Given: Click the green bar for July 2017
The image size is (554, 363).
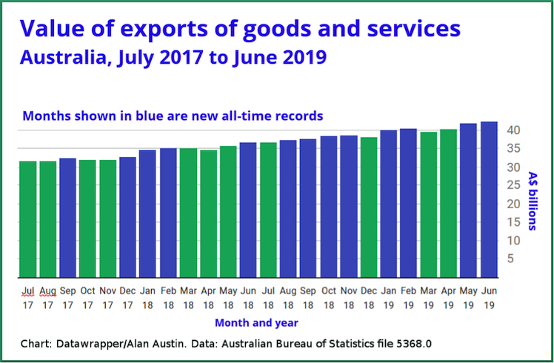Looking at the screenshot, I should [28, 219].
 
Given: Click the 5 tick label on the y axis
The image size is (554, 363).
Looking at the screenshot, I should [511, 259].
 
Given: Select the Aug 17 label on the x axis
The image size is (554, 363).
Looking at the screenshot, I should [48, 297].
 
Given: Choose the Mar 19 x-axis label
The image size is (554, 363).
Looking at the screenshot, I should [428, 297].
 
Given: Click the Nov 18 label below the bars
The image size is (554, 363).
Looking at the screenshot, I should [348, 297].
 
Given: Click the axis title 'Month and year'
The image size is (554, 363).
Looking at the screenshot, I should [256, 323].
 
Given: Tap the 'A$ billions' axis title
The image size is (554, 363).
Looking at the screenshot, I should [532, 200].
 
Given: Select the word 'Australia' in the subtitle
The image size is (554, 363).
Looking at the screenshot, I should [63, 57].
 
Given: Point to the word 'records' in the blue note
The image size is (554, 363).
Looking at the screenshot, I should [299, 116].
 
